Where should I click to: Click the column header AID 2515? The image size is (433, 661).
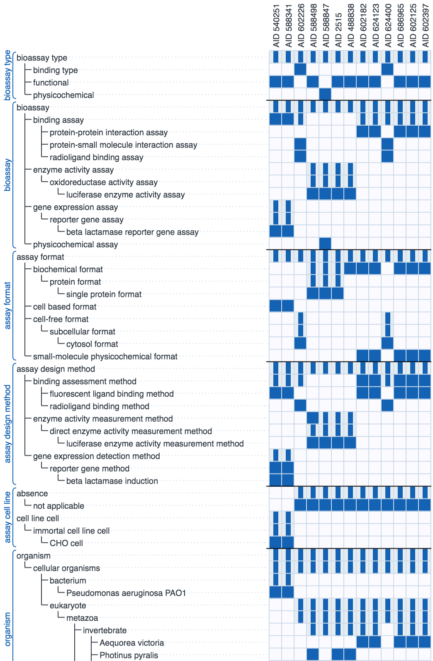click(x=338, y=30)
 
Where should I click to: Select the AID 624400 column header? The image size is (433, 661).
click(x=388, y=26)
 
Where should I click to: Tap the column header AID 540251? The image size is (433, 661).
click(x=276, y=26)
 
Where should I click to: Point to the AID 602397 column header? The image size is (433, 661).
click(x=425, y=26)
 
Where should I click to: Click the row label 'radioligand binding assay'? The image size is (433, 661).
click(x=97, y=158)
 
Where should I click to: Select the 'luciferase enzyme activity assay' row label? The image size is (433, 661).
click(x=125, y=195)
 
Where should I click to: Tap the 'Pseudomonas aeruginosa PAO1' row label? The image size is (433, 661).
click(x=126, y=593)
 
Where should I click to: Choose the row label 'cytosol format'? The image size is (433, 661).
click(x=92, y=344)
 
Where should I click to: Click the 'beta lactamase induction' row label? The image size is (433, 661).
click(x=112, y=481)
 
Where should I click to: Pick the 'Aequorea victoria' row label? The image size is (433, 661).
click(x=131, y=643)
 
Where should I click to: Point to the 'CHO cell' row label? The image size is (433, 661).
click(x=66, y=543)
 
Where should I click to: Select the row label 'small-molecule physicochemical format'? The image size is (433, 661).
click(x=105, y=356)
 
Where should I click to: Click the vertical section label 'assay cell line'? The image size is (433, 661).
click(x=7, y=517)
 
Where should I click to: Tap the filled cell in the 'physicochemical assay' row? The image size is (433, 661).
click(x=325, y=244)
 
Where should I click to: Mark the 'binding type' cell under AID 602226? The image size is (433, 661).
click(x=300, y=69)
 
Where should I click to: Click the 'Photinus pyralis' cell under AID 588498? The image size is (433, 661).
click(x=313, y=654)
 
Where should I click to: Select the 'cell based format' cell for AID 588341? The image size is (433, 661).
click(x=288, y=306)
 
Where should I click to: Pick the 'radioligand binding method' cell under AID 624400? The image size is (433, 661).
click(x=387, y=405)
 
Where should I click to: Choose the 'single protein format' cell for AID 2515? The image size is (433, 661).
click(x=338, y=294)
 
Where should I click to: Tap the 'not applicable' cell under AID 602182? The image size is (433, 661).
click(x=362, y=505)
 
